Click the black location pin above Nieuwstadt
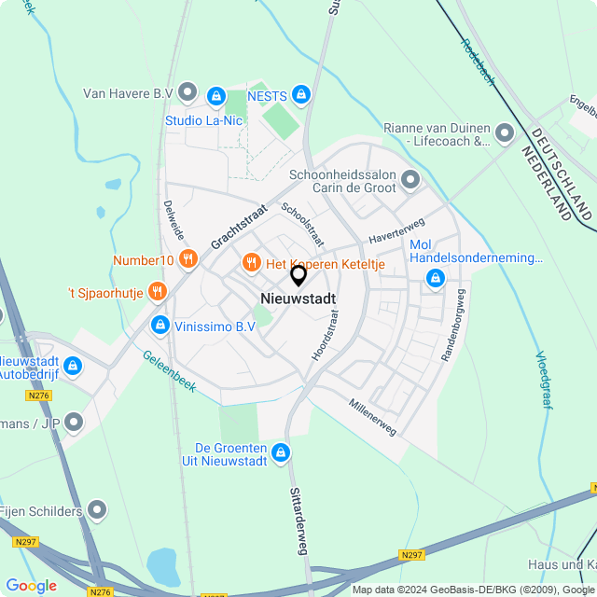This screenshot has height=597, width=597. click(298, 275)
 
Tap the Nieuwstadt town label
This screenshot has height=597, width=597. click(298, 298)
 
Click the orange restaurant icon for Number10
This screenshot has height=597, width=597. click(188, 259)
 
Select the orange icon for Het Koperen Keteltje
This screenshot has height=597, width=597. click(251, 264)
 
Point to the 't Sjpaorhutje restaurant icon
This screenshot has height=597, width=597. click(157, 292)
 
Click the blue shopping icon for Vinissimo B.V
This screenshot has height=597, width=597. click(160, 326)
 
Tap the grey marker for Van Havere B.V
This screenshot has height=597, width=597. click(187, 92)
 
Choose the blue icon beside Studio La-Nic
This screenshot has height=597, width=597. click(216, 95)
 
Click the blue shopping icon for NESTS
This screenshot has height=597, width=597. click(300, 93)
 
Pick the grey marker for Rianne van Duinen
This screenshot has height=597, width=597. click(505, 133)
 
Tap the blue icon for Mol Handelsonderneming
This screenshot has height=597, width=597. click(435, 277)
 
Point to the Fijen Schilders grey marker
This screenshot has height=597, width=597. click(98, 510)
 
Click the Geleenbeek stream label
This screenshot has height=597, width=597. click(169, 371)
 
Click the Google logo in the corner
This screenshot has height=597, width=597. click(31, 586)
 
